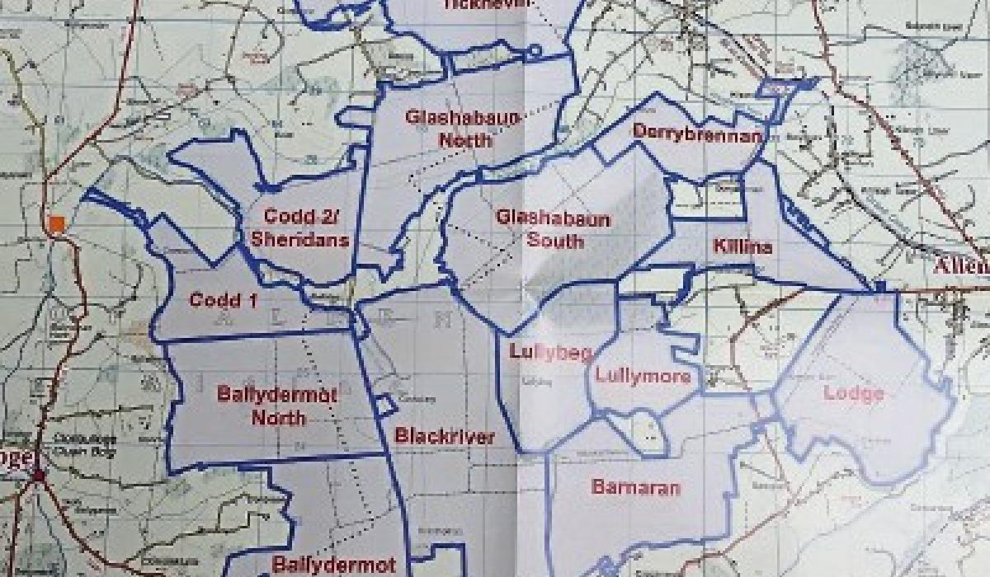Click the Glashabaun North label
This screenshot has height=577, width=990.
click(463, 128)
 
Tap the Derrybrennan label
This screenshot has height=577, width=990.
click(695, 132)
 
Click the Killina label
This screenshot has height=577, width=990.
click(742, 247)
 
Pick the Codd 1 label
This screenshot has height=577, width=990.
click(223, 299)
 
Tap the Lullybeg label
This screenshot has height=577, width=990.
click(550, 353)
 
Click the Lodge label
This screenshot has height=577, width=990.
click(853, 393)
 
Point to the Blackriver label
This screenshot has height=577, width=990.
click(444, 436)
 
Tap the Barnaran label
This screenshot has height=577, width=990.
click(635, 487)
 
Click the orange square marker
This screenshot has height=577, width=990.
click(57, 223)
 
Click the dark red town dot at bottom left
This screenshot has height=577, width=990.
click(38, 476)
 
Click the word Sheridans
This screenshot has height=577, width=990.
click(308, 240)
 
